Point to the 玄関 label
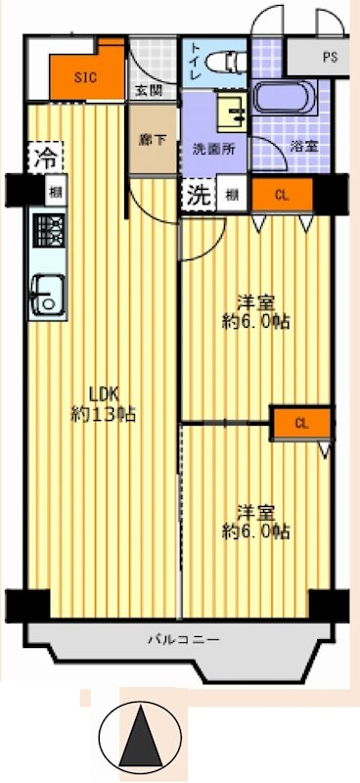point(149,91)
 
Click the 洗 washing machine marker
point(198,193)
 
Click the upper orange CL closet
point(282,195)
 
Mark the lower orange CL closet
point(301,423)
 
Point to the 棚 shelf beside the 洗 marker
point(231,194)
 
